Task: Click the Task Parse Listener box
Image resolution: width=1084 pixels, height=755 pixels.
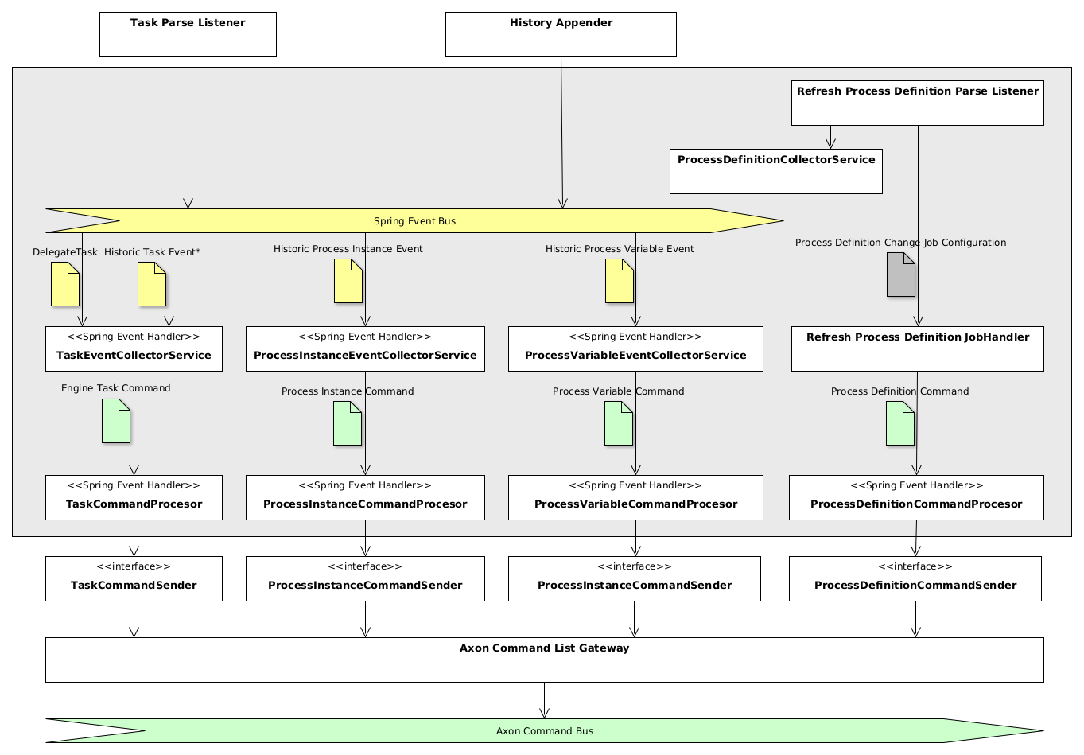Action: [188, 34]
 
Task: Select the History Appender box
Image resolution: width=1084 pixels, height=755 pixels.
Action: [561, 34]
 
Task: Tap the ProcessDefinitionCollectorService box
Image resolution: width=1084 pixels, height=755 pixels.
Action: [775, 171]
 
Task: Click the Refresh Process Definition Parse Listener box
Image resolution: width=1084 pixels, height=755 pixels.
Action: [917, 103]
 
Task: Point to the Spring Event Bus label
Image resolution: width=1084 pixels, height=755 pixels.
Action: [414, 221]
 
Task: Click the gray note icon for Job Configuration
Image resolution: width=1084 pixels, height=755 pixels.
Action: [900, 274]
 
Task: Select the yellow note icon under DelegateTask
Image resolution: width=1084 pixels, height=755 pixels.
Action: [65, 284]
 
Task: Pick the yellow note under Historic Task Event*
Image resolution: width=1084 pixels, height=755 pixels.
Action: [152, 284]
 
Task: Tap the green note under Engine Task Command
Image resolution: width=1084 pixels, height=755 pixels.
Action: [116, 421]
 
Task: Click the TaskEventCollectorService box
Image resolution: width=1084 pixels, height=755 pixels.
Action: [134, 348]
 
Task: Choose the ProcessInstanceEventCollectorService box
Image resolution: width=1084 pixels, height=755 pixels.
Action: [365, 348]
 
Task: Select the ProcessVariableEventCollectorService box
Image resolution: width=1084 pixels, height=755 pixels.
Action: [635, 348]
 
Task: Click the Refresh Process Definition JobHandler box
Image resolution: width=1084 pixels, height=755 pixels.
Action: [917, 348]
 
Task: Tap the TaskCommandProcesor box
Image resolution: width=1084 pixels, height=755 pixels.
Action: [134, 497]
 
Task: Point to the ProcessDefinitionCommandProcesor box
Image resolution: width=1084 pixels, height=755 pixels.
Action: [916, 497]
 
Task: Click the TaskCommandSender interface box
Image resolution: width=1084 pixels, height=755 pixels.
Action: [134, 578]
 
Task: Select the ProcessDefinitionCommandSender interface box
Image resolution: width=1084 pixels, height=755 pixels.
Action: [915, 578]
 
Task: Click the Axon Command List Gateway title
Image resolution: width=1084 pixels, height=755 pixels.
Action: [544, 648]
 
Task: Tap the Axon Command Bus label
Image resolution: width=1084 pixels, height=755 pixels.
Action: [544, 731]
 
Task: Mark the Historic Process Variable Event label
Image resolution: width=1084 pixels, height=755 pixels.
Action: [620, 249]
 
